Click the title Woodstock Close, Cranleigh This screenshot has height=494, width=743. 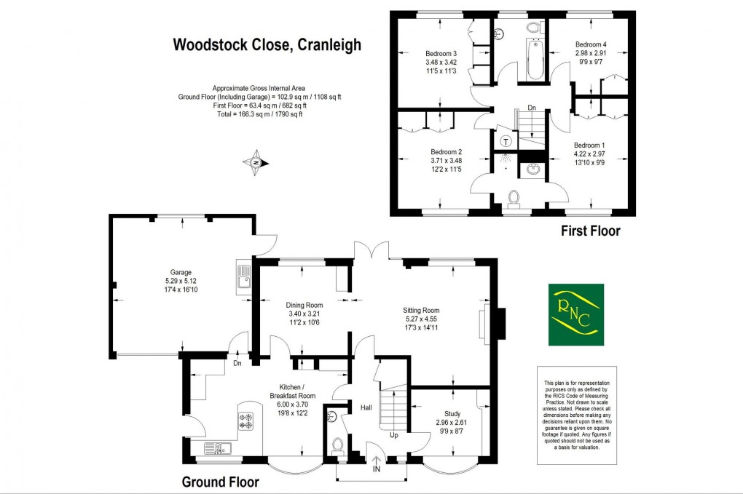tap(266, 45)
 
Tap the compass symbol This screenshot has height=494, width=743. tap(255, 162)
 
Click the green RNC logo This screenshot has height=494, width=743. tap(575, 314)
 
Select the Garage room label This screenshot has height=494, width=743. tap(157, 272)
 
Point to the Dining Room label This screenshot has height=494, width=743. tap(304, 305)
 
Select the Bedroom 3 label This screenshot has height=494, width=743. tap(441, 53)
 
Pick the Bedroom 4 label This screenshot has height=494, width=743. tap(590, 44)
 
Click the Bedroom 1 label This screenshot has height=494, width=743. tap(589, 145)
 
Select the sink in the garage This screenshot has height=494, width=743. tap(243, 277)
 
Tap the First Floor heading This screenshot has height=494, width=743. tap(590, 232)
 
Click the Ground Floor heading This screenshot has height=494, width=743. tap(220, 482)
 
